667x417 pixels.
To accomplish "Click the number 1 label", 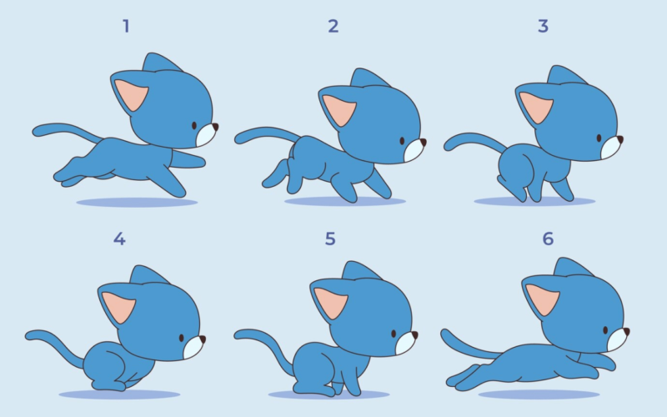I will [x=126, y=26].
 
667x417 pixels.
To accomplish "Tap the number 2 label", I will [x=333, y=26].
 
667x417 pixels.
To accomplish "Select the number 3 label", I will [x=543, y=26].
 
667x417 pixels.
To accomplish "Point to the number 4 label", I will [x=119, y=239].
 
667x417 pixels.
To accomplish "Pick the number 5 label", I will [x=330, y=239].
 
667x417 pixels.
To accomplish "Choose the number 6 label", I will [x=548, y=239].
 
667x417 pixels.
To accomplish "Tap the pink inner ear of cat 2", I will [x=338, y=109].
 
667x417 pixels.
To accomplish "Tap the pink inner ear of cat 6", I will [x=543, y=299].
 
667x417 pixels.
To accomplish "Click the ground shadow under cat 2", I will [x=344, y=201].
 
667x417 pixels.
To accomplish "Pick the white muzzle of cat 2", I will [x=414, y=151].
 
